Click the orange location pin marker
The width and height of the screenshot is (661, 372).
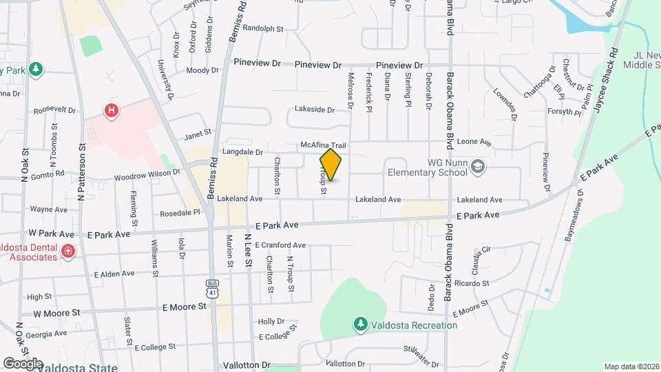tap(331, 165)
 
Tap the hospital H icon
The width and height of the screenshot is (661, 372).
tap(110, 110)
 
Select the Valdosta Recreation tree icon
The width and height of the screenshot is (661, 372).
tap(359, 324)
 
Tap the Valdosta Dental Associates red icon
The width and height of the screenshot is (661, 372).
tap(67, 251)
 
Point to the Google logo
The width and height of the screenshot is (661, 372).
tap(23, 363)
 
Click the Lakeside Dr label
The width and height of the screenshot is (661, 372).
tap(314, 109)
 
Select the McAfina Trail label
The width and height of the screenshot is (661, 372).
tap(322, 145)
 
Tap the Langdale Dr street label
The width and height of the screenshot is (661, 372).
tap(242, 152)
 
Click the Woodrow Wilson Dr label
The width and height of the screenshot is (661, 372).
tap(147, 176)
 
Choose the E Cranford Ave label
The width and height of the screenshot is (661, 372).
tap(280, 245)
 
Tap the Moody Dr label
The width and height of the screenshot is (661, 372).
tap(202, 70)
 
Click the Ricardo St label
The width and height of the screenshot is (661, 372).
tap(471, 283)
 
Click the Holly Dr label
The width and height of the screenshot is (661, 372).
tap(271, 321)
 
